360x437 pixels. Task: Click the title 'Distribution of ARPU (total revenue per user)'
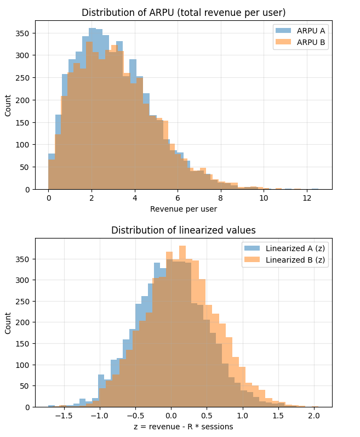(x=184, y=12)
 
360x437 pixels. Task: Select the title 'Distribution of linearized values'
(x=184, y=230)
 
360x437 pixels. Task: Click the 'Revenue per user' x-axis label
(x=184, y=209)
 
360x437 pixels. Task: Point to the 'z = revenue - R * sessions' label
(x=184, y=427)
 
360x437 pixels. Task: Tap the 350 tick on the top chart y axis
(x=24, y=33)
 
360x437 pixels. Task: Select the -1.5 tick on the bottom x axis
(x=65, y=416)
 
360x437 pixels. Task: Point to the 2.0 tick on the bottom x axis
(x=314, y=416)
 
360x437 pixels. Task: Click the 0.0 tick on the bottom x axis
(x=172, y=416)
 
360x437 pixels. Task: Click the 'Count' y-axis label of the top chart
(x=8, y=105)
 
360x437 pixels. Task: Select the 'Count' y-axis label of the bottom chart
(x=8, y=323)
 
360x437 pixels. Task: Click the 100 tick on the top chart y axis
(x=24, y=145)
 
